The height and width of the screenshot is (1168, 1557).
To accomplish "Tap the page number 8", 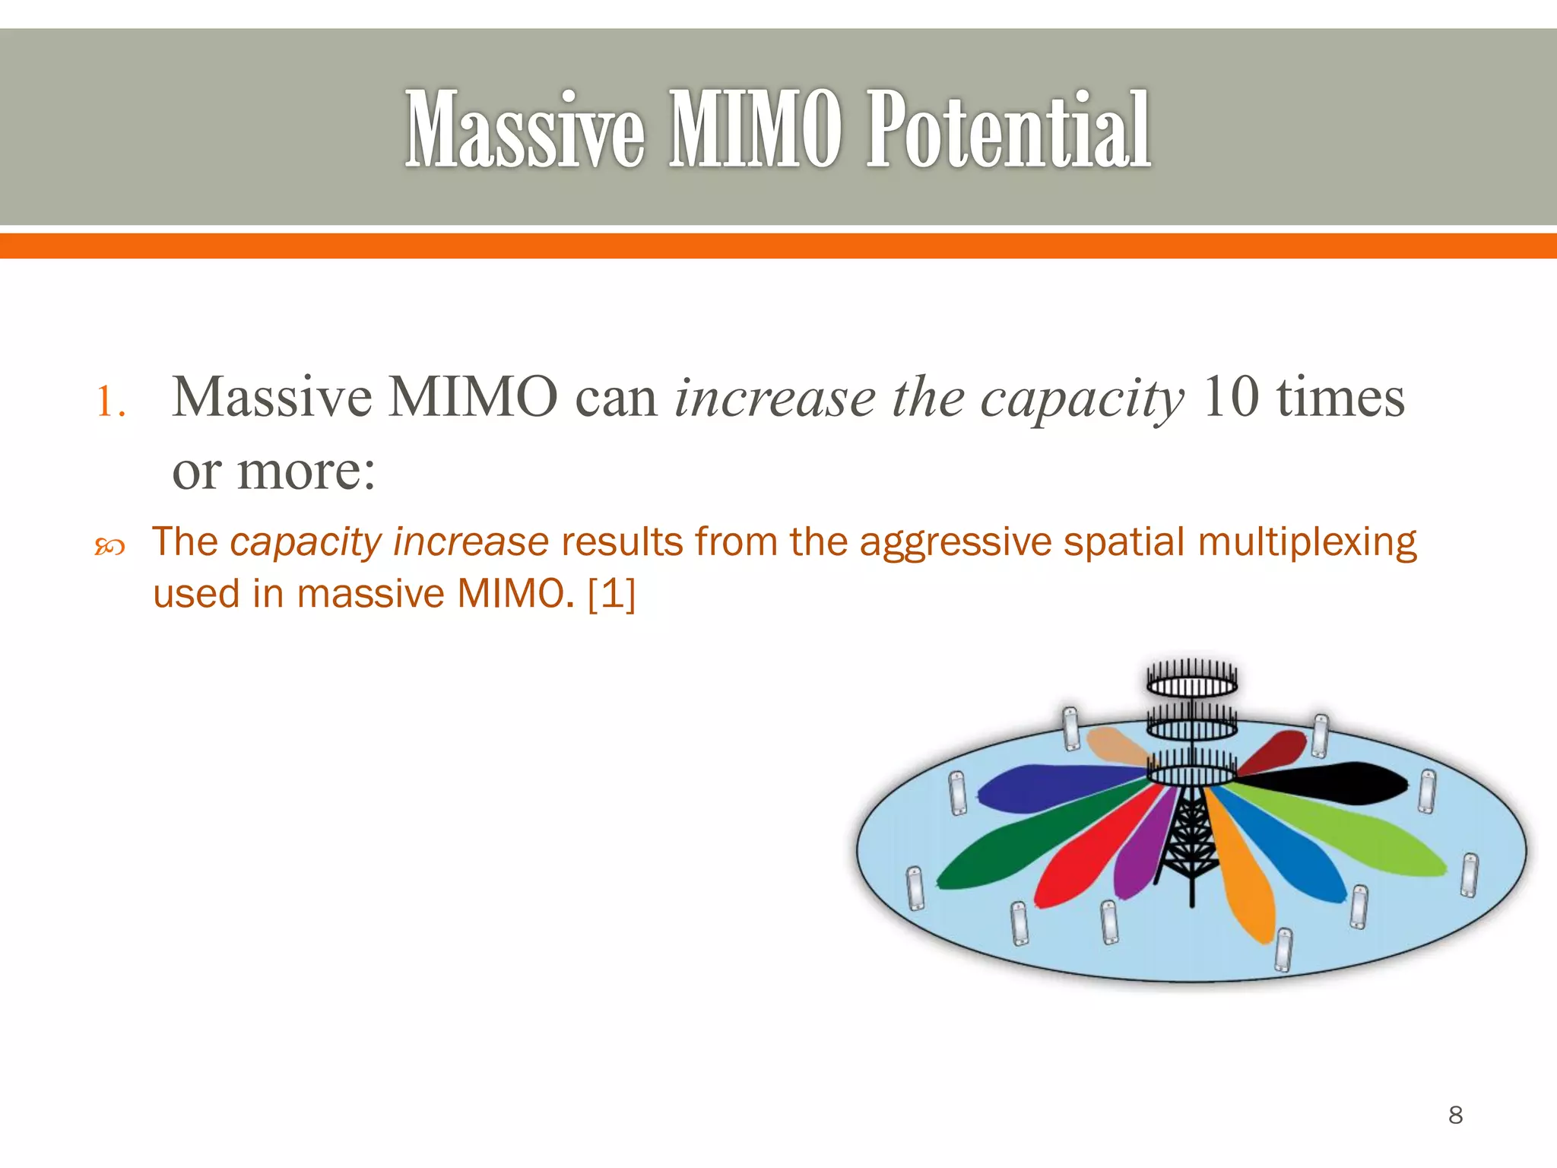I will point(1455,1115).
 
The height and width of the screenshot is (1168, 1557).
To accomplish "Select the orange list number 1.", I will point(109,401).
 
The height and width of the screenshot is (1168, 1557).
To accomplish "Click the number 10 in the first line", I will point(1231,397).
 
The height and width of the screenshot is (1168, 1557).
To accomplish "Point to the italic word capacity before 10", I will point(1082,398).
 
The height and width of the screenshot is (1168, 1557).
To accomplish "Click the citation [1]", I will point(611,593).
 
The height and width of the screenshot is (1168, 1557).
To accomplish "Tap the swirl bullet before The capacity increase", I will point(109,546).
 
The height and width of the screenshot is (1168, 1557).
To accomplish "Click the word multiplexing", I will point(1307,543).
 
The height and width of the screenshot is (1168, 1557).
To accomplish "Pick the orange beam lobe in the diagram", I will point(1247,882).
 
